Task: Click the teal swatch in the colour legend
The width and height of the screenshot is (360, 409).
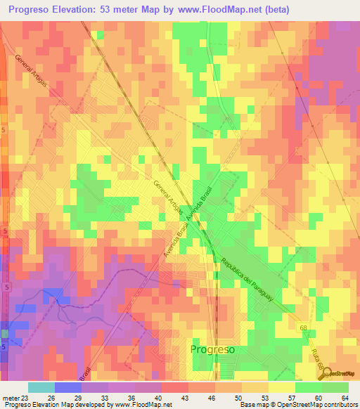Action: [41, 387]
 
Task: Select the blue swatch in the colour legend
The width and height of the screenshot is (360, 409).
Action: [68, 387]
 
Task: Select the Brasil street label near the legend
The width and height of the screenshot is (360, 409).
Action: [85, 373]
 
